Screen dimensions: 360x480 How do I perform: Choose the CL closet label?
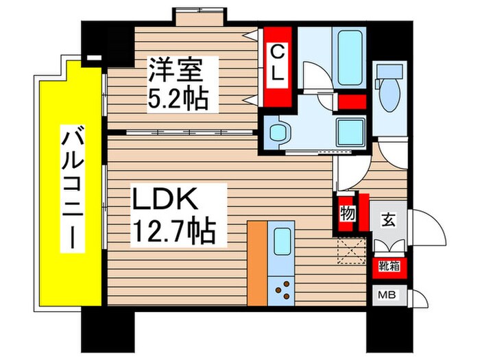click(277, 63)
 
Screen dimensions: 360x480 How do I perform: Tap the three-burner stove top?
click(282, 291)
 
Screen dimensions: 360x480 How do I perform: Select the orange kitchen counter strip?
click(256, 264)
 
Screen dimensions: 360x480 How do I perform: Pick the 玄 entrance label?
click(388, 221)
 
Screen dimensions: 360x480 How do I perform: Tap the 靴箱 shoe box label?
click(388, 266)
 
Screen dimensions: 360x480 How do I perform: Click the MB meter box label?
click(388, 297)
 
